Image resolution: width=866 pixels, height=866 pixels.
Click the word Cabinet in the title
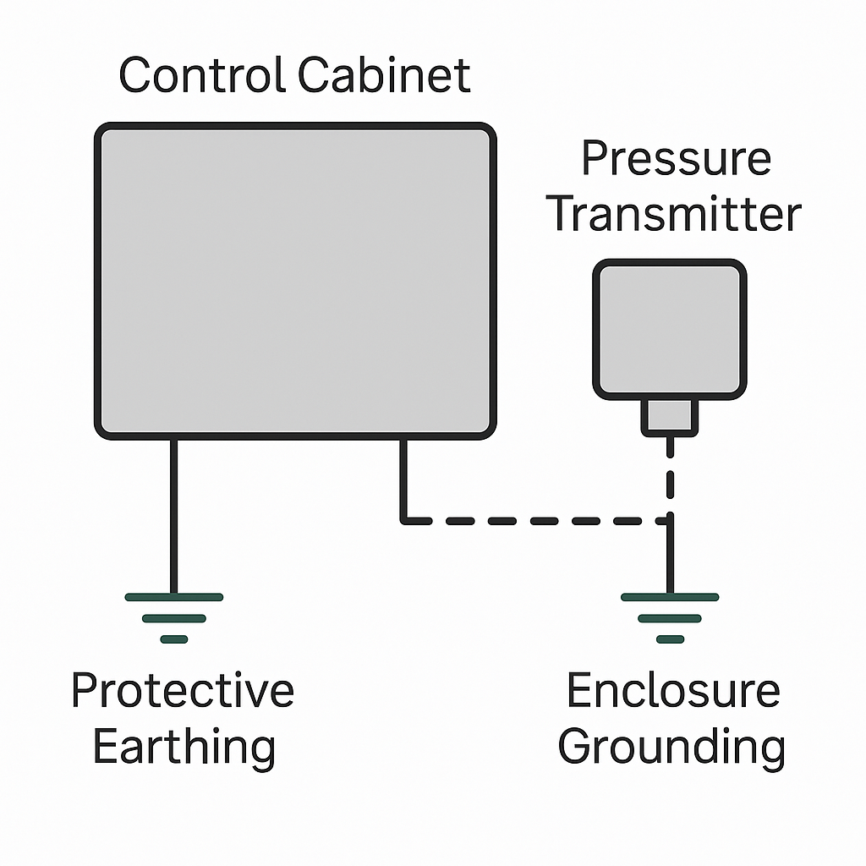pos(384,75)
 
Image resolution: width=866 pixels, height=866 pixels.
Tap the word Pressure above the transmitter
pos(676,158)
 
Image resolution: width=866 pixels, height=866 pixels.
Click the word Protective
pos(183,690)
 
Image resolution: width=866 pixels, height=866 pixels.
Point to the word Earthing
pos(184,746)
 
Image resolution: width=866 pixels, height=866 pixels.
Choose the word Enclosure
pos(672,690)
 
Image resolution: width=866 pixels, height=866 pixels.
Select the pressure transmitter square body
pos(670,329)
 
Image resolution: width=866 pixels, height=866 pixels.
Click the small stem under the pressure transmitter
pos(670,416)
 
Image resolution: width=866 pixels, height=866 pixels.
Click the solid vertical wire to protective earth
pos(174,516)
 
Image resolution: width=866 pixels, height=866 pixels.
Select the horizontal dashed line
pos(533,521)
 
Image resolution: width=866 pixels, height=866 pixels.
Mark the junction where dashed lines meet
pos(670,521)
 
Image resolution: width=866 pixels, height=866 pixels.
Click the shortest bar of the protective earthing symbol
pos(174,639)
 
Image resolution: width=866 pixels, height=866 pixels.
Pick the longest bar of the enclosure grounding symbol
pos(670,597)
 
